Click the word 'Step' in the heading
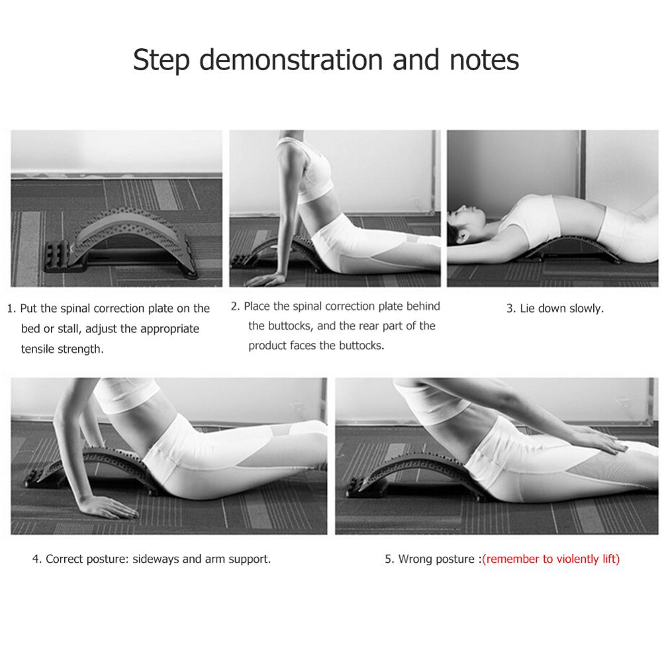point(162,60)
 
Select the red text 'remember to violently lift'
point(551,559)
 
